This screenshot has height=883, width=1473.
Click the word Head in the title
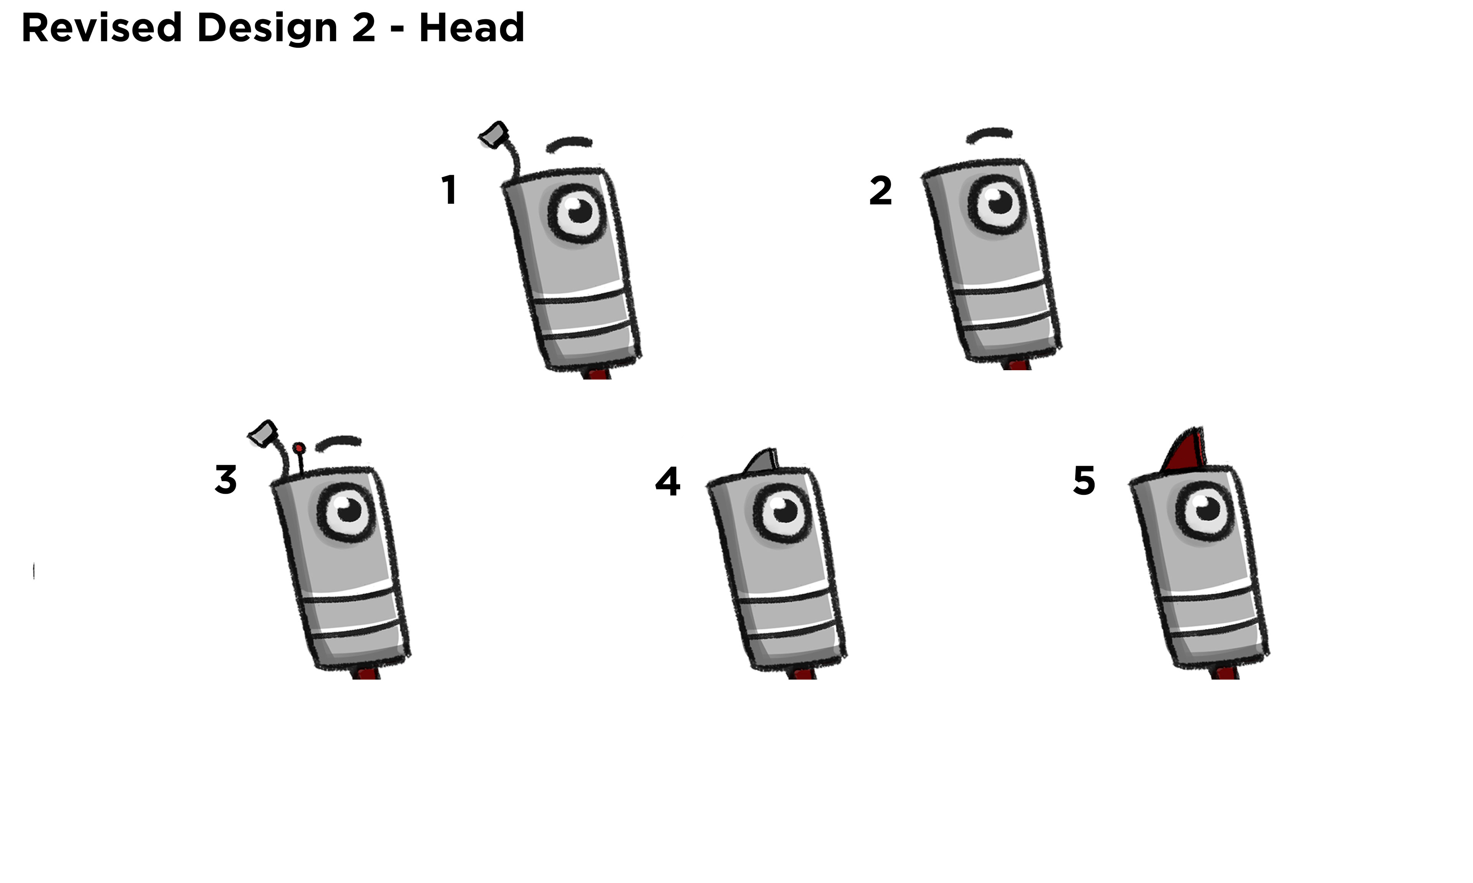pyautogui.click(x=471, y=28)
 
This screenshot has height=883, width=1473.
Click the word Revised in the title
pyautogui.click(x=101, y=28)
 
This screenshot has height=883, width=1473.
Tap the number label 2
pyautogui.click(x=881, y=191)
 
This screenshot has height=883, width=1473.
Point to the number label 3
pyautogui.click(x=226, y=480)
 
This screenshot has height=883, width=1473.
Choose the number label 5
pyautogui.click(x=1084, y=481)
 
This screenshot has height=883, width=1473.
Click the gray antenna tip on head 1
pyautogui.click(x=494, y=135)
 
